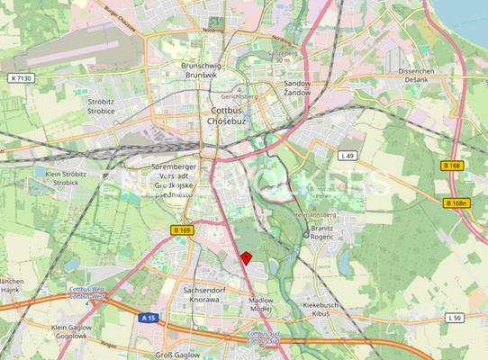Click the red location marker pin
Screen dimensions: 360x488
click(x=246, y=258)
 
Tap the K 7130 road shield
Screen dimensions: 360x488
click(x=23, y=78)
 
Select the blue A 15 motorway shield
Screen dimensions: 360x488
click(x=149, y=318)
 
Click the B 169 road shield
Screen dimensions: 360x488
click(x=181, y=230)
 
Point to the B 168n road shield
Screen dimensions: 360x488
click(x=456, y=203)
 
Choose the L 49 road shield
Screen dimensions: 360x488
click(x=347, y=156)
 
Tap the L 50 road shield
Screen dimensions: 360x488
click(x=454, y=318)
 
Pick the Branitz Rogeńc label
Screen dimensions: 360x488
click(x=321, y=233)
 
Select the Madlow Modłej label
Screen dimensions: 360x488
click(x=260, y=304)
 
